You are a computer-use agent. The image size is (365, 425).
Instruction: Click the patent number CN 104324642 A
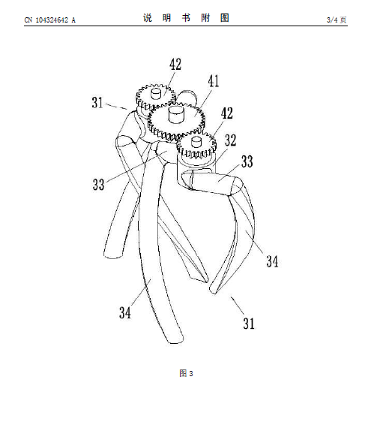[50, 20]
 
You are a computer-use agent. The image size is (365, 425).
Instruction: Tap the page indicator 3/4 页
[337, 20]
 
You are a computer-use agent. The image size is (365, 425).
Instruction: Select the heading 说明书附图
[186, 18]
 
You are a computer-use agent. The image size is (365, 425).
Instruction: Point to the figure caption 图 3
[186, 373]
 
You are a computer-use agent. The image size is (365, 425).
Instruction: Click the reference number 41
[214, 81]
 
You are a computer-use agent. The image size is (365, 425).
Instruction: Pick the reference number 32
[231, 140]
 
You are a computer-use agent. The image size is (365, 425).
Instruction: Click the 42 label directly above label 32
[227, 113]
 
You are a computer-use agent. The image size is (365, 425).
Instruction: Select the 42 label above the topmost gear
[175, 65]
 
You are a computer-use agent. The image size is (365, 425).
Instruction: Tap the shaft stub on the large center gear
[176, 114]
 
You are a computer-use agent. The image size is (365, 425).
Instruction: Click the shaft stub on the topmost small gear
[156, 93]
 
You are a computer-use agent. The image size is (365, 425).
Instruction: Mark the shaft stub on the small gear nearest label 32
[196, 141]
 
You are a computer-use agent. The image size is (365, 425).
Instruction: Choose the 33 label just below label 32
[247, 161]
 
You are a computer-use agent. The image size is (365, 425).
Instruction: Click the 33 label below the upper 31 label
[98, 184]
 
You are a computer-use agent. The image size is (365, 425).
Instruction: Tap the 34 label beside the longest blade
[125, 312]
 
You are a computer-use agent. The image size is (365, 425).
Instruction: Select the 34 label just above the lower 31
[272, 261]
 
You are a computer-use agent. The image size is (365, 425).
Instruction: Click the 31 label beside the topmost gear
[97, 102]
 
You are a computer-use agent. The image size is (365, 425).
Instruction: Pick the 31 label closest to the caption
[249, 323]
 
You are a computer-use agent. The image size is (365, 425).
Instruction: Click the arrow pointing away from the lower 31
[238, 305]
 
